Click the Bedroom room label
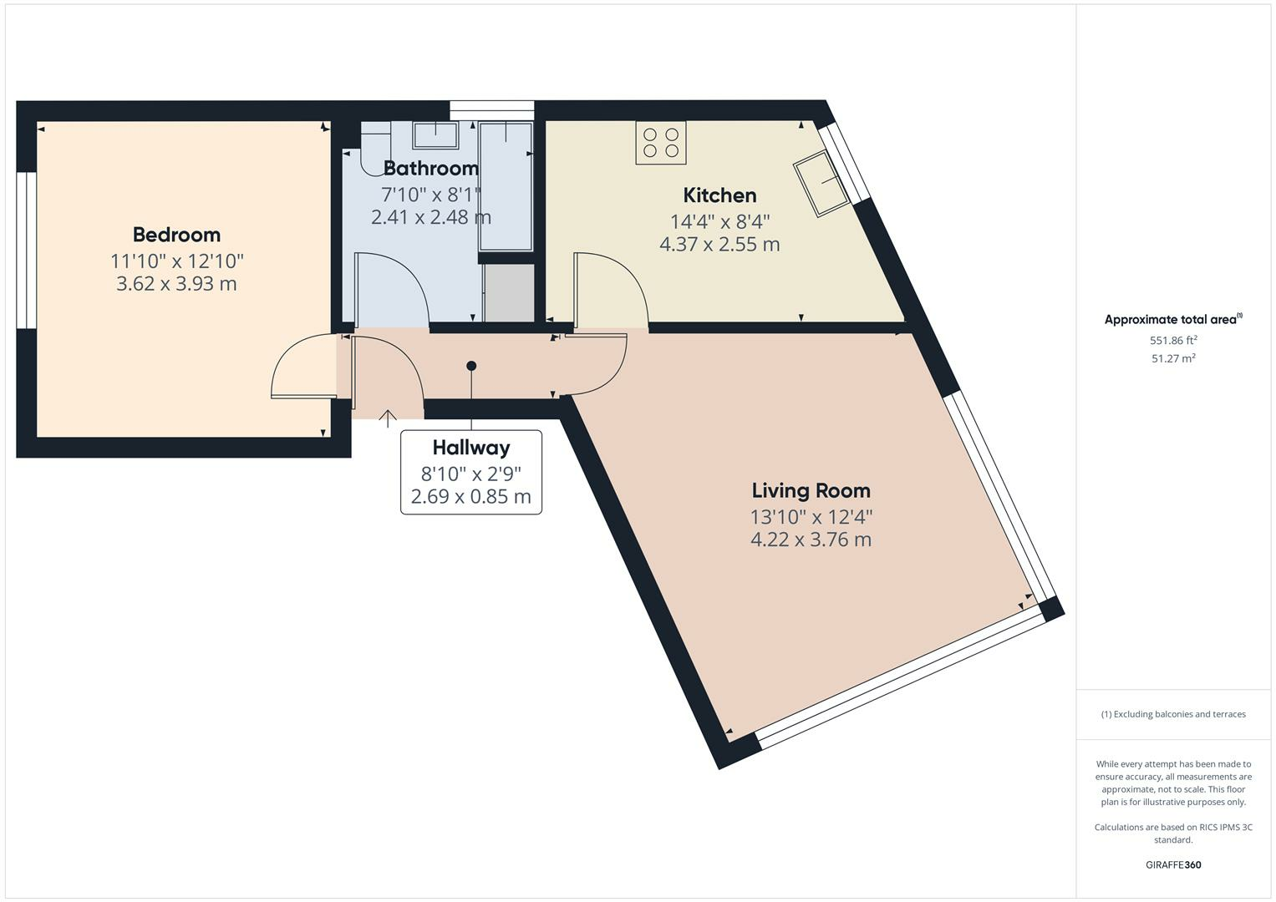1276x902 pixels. click(x=176, y=235)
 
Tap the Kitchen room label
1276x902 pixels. click(x=719, y=195)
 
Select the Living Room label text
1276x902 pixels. click(x=811, y=490)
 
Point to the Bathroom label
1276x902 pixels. click(x=430, y=168)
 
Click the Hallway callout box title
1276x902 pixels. click(x=471, y=448)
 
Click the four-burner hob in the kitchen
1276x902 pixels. click(x=661, y=143)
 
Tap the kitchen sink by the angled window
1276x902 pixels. click(x=821, y=184)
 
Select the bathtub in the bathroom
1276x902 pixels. click(x=506, y=186)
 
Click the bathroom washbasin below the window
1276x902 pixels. click(x=435, y=135)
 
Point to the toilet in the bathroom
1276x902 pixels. click(x=375, y=148)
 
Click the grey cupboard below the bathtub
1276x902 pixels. click(x=509, y=292)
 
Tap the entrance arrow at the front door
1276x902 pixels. click(x=388, y=418)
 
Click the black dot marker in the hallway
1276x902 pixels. click(x=471, y=366)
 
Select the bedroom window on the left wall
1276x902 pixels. click(x=26, y=251)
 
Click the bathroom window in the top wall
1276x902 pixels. click(x=491, y=110)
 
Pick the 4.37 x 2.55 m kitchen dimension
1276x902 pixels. click(x=719, y=244)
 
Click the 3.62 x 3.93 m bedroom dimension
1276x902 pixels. click(x=176, y=284)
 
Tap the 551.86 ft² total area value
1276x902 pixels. click(x=1173, y=340)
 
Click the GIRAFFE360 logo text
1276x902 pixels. click(x=1173, y=864)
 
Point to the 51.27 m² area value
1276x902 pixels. click(x=1173, y=358)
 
